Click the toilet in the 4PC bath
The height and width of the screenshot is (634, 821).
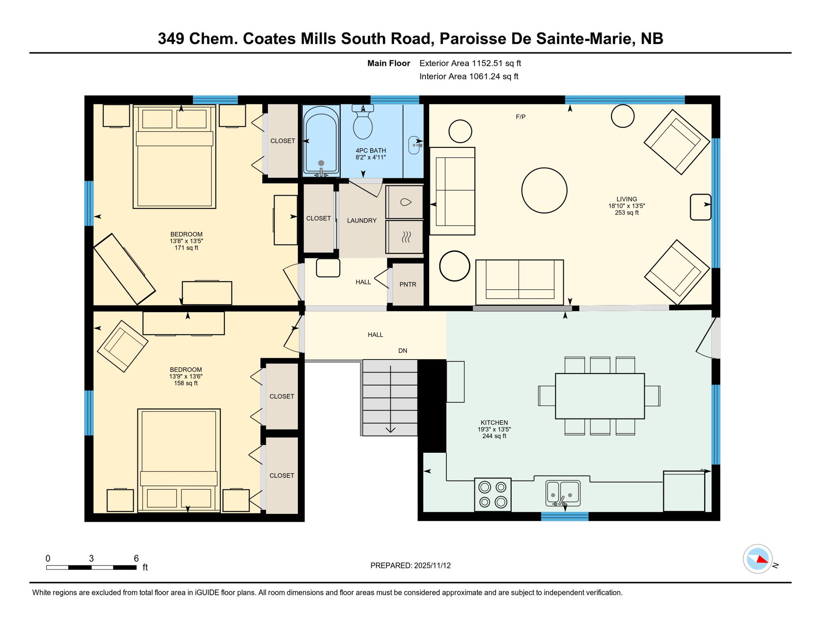[x=363, y=124]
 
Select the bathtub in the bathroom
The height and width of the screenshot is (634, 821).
[x=321, y=140]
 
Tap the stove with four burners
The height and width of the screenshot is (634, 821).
[x=493, y=494]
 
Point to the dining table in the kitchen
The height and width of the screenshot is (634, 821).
[x=600, y=396]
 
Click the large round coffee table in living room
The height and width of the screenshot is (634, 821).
[x=544, y=190]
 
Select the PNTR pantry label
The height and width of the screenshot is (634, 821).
[x=408, y=284]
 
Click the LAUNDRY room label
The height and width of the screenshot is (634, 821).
[x=362, y=220]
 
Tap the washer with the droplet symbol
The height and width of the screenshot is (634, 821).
[x=405, y=202]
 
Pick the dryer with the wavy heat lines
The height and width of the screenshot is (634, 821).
[x=405, y=237]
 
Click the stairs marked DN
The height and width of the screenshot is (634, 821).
[x=390, y=397]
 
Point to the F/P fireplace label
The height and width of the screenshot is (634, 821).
[x=520, y=117]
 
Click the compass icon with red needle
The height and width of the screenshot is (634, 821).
[x=757, y=559]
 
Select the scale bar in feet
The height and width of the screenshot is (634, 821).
[x=91, y=568]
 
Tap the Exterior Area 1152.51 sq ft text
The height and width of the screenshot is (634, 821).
[x=470, y=63]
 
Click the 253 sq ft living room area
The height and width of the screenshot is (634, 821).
[x=626, y=213]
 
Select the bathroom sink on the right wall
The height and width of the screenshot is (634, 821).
[x=414, y=145]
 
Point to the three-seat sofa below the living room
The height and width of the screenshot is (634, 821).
[x=519, y=282]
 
